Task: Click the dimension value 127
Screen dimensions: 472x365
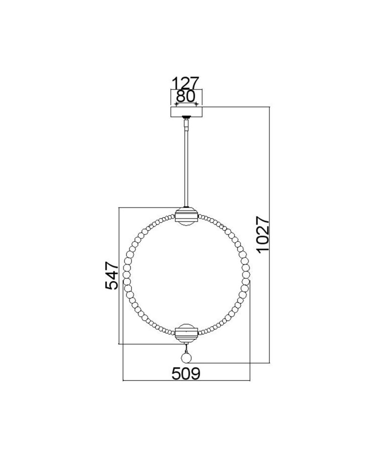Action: (186, 84)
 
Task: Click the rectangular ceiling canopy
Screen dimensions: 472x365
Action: (186, 112)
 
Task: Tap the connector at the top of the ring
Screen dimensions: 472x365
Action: (186, 216)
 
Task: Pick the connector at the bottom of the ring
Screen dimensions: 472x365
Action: (186, 333)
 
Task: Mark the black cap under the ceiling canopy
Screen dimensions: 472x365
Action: (187, 118)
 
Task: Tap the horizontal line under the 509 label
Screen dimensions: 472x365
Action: (186, 380)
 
